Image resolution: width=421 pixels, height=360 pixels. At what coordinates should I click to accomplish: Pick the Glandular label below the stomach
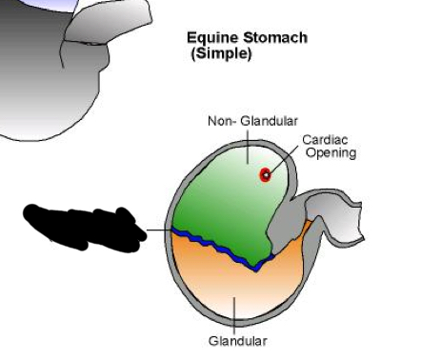click(x=237, y=341)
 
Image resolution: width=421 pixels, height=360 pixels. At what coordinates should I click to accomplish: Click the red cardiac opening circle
click(x=265, y=174)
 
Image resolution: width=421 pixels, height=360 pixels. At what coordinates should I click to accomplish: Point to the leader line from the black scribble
click(x=157, y=230)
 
